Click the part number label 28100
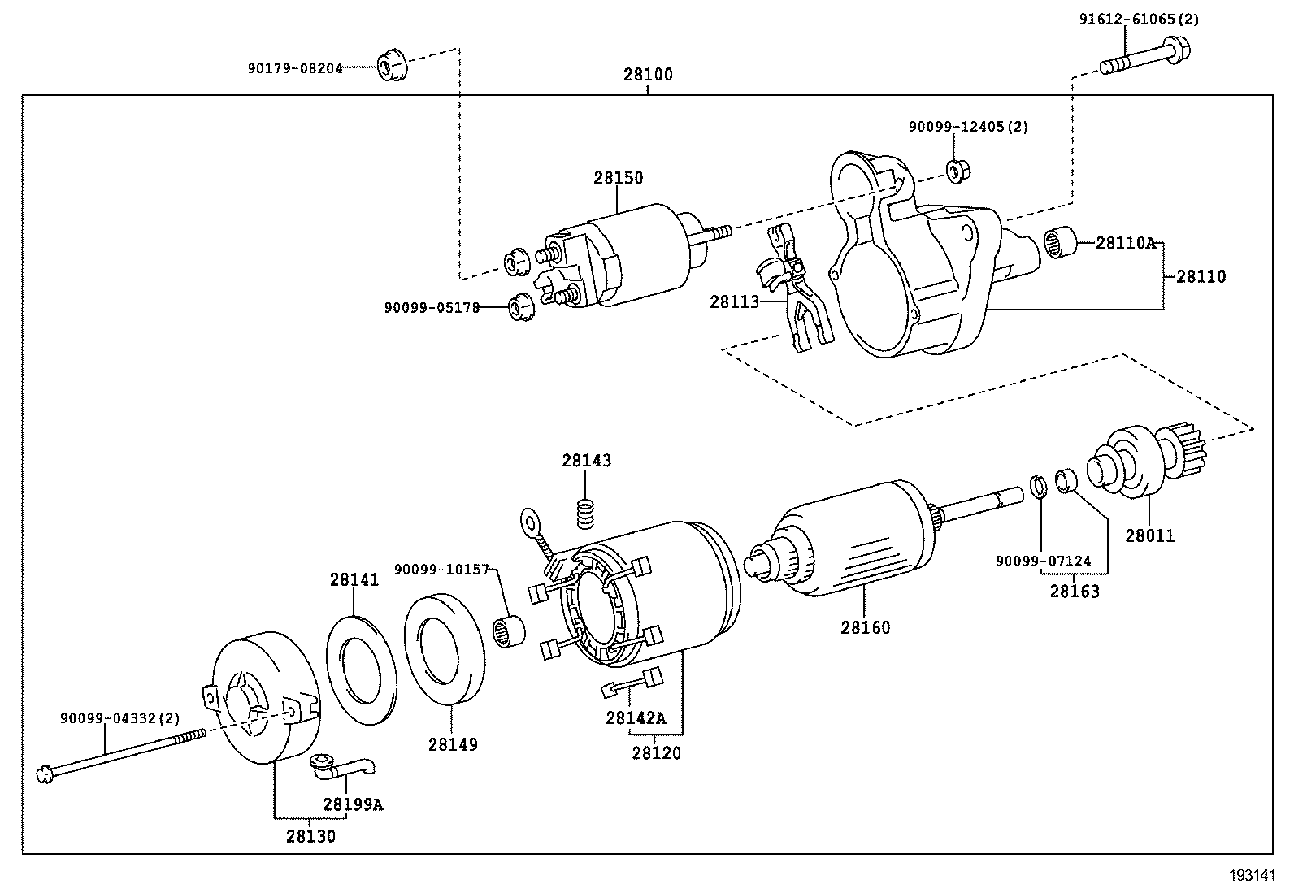pos(648,75)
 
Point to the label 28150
pos(618,178)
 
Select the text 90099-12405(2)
pos(968,127)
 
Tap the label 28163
pos(1074,592)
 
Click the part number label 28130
pos(310,835)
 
